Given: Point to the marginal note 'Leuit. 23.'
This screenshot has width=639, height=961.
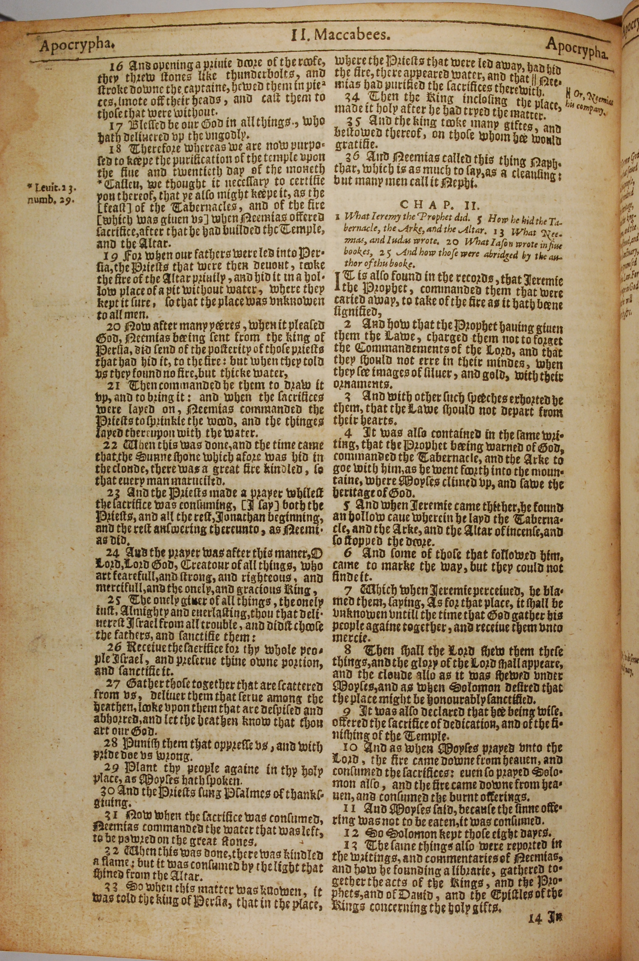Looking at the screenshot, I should [53, 188].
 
